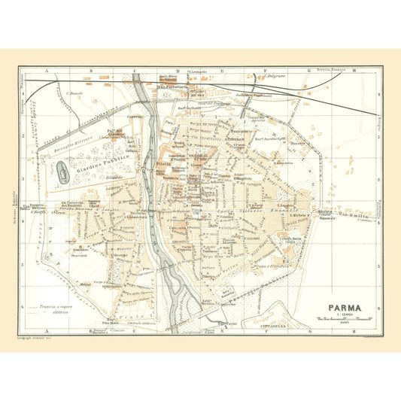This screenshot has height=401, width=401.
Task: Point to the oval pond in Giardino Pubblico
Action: tap(44, 172)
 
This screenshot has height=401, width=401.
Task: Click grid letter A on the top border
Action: tap(47, 71)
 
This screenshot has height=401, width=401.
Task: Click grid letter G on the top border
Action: tap(308, 71)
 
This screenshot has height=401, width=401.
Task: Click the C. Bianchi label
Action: tap(73, 93)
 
